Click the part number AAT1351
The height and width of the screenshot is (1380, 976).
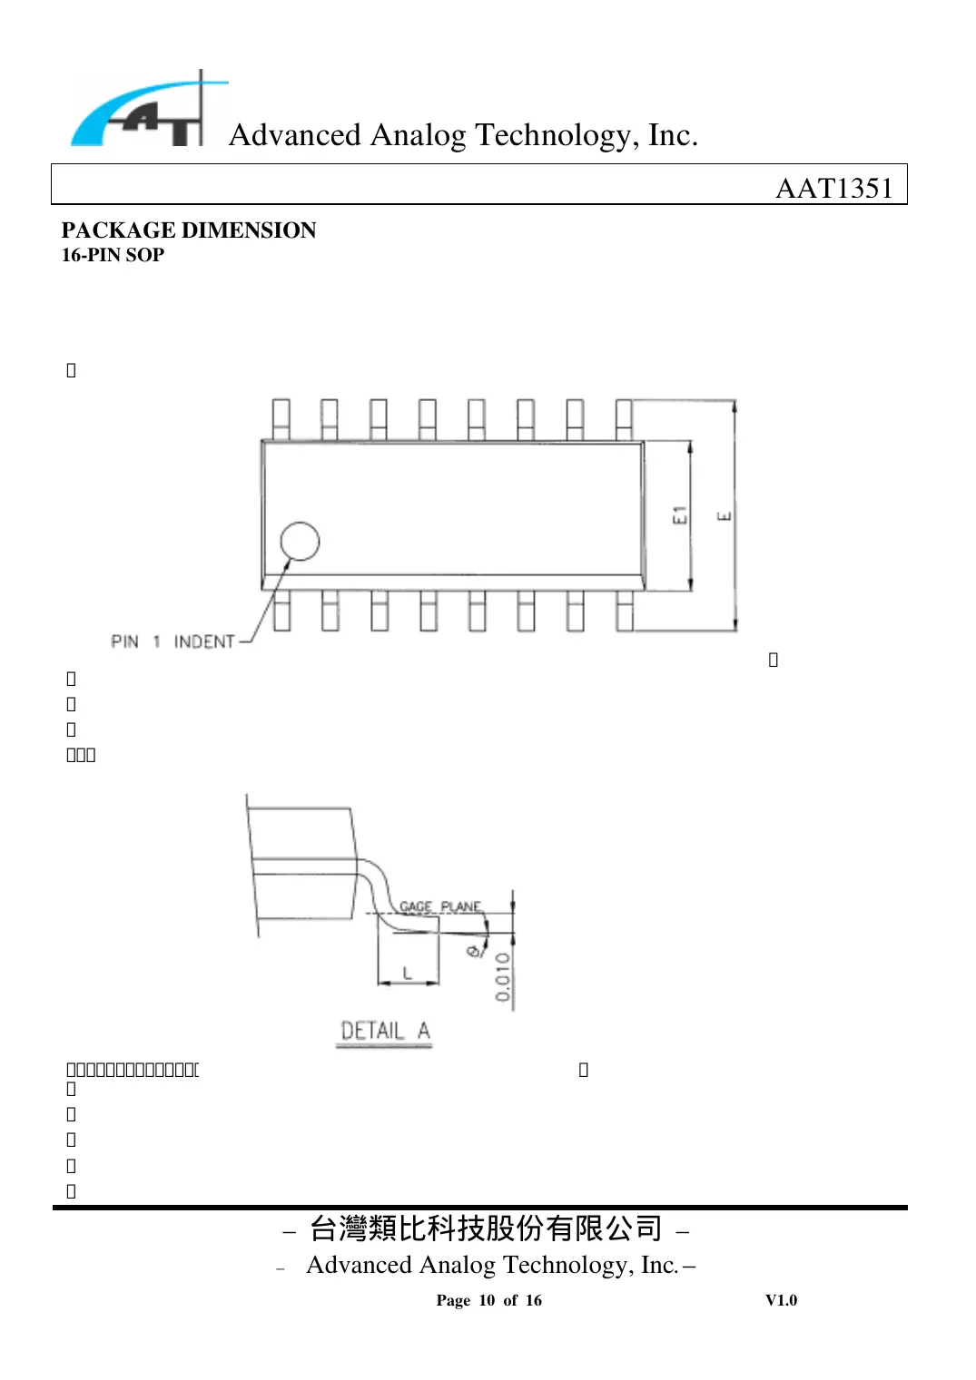[833, 188]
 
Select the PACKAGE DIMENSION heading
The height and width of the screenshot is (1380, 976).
[189, 230]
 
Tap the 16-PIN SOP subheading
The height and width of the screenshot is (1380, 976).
[113, 255]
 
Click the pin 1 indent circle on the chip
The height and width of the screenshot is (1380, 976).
[300, 542]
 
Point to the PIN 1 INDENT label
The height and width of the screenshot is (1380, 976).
[173, 641]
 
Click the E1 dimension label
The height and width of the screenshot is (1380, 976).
[680, 515]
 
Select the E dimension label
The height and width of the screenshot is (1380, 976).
[725, 516]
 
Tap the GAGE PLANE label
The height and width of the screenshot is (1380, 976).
[440, 906]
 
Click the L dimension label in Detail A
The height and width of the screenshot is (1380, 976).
[408, 973]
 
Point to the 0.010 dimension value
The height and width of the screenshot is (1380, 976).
[503, 976]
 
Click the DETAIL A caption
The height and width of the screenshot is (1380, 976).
[384, 1031]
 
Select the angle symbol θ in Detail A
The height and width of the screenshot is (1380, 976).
[473, 950]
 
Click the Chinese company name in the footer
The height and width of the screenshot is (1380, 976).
[486, 1228]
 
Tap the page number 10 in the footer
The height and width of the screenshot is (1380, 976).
[487, 1300]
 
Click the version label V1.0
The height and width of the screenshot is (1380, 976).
[781, 1300]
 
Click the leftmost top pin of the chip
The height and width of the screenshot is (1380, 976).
[281, 419]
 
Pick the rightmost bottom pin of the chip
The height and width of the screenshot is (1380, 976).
[625, 611]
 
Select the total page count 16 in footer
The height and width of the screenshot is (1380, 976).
[533, 1300]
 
